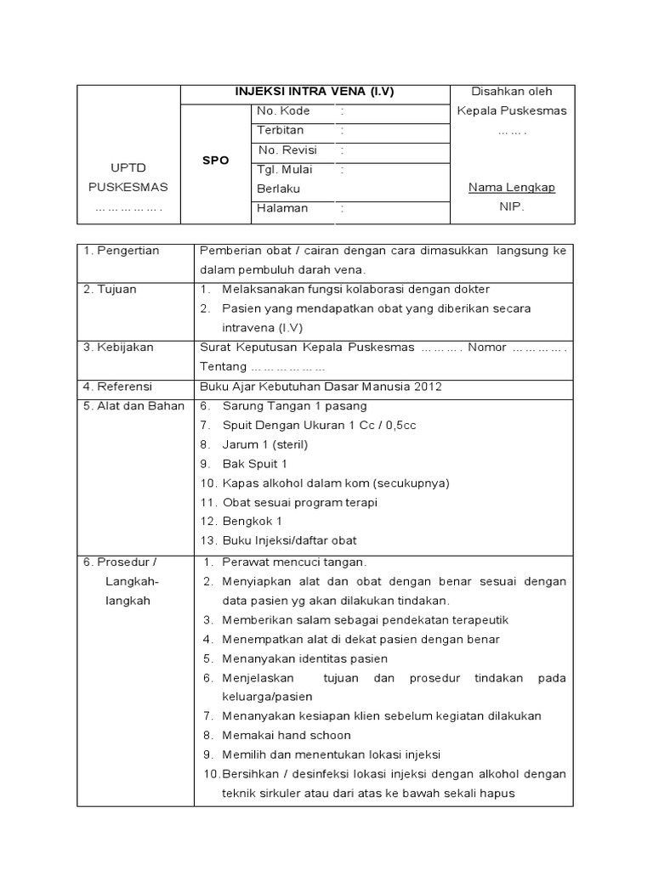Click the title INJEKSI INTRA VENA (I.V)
[315, 92]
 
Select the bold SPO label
[216, 160]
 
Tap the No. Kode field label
[284, 111]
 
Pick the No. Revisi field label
[287, 150]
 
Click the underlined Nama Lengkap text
[512, 188]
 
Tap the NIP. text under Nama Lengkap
[512, 206]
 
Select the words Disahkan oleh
[512, 92]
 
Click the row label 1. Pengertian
[122, 251]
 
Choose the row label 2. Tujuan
[111, 290]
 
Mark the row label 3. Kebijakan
[117, 347]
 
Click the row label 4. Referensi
[117, 387]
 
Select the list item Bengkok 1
[253, 521]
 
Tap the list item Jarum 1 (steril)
[264, 444]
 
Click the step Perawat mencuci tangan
[294, 562]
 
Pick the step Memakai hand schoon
[286, 735]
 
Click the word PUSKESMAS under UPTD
[128, 188]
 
